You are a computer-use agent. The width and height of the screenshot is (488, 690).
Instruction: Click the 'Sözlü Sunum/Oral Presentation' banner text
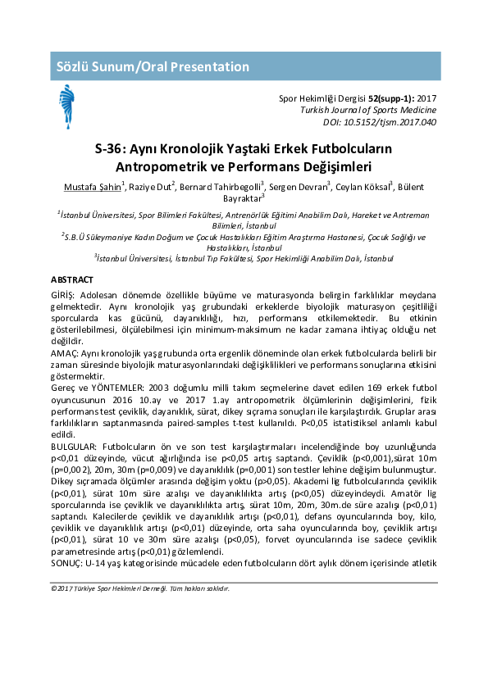(151, 66)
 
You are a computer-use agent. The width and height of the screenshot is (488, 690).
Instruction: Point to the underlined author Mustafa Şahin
(92, 187)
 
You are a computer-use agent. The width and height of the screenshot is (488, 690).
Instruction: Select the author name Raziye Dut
(149, 187)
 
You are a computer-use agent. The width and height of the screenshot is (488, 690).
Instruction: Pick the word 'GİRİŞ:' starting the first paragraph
(64, 294)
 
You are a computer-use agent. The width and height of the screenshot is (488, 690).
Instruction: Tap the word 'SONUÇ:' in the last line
(65, 565)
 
